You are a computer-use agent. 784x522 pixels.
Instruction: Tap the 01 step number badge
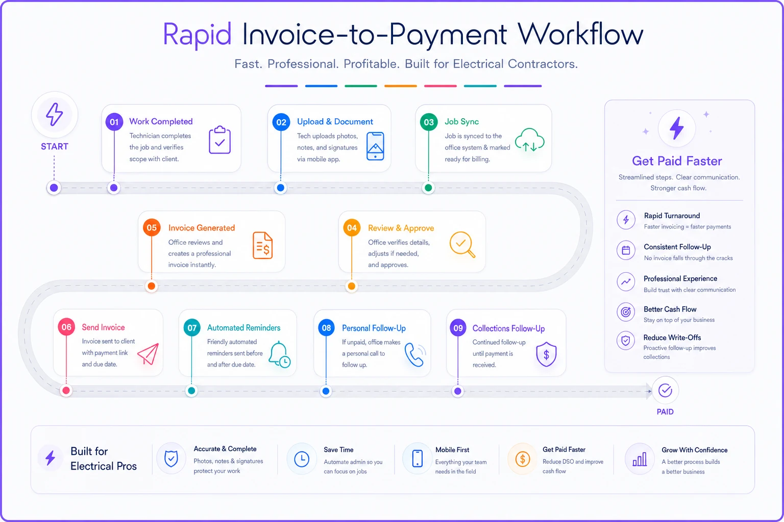[x=114, y=122]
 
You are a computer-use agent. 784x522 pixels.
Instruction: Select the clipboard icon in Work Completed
[x=220, y=140]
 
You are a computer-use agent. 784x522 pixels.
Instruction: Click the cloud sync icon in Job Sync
[x=529, y=140]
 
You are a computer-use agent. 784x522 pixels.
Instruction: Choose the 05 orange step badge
[x=152, y=227]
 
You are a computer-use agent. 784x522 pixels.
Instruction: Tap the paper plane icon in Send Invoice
[x=148, y=354]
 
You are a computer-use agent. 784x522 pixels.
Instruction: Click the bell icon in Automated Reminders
[x=279, y=354]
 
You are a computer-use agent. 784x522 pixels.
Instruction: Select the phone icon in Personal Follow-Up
[x=415, y=354]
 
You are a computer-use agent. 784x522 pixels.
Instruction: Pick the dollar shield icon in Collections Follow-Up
[x=546, y=354]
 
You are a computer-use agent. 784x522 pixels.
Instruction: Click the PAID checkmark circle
[x=665, y=390]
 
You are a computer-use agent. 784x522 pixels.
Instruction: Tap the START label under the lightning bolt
[x=55, y=146]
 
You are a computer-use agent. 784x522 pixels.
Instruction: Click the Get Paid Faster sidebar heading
[x=677, y=161]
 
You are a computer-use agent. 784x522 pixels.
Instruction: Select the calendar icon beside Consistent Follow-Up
[x=626, y=250]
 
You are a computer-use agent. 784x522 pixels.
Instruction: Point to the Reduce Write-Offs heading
[x=672, y=337]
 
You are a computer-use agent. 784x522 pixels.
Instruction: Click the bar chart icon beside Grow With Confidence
[x=640, y=459]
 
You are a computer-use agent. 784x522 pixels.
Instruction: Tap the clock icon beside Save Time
[x=301, y=459]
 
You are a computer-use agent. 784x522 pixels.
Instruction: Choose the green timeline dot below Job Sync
[x=428, y=188]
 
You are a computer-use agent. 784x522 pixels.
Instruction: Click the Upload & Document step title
[x=335, y=122]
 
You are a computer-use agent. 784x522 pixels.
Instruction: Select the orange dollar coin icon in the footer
[x=522, y=459]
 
